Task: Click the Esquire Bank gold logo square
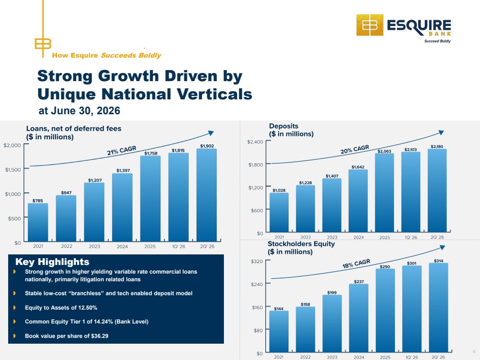pyautogui.click(x=370, y=25)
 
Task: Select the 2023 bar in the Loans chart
pyautogui.click(x=94, y=212)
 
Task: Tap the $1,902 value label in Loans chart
pyautogui.click(x=207, y=146)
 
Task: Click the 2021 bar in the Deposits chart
pyautogui.click(x=279, y=212)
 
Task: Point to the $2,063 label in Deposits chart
pyautogui.click(x=384, y=151)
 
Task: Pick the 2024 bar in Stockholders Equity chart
pyautogui.click(x=359, y=318)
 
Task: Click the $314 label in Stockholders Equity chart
pyautogui.click(x=438, y=261)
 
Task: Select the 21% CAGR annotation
pyautogui.click(x=122, y=151)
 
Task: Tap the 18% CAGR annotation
pyautogui.click(x=357, y=264)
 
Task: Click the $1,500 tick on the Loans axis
pyautogui.click(x=13, y=169)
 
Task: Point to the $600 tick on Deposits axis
pyautogui.click(x=257, y=210)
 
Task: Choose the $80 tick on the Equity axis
pyautogui.click(x=258, y=330)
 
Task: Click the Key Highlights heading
pyautogui.click(x=52, y=262)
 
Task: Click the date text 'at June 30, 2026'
pyautogui.click(x=79, y=110)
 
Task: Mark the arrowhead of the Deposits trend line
pyautogui.click(x=441, y=132)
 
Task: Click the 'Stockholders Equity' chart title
pyautogui.click(x=301, y=244)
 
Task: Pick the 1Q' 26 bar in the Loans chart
pyautogui.click(x=178, y=197)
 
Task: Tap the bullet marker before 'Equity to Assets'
pyautogui.click(x=14, y=307)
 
